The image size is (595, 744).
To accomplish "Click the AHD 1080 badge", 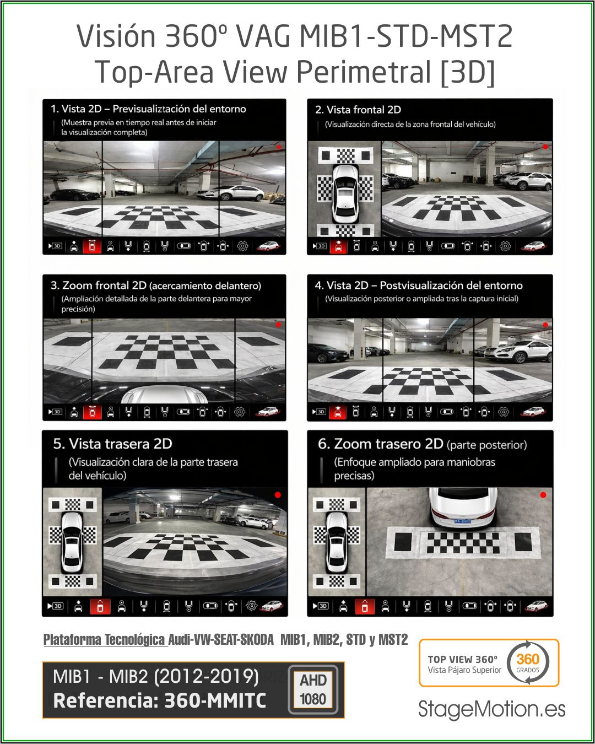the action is tap(313, 689).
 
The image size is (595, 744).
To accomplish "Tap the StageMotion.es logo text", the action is tap(491, 710).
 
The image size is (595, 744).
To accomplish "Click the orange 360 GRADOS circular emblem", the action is tap(528, 662).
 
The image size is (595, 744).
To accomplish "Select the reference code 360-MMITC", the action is tap(215, 701).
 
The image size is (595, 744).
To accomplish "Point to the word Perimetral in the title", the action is tap(364, 72).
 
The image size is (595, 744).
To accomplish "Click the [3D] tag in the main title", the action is tap(467, 72).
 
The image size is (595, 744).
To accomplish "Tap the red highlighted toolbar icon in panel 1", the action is tap(92, 246).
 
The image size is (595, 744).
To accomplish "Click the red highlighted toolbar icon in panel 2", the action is tap(339, 246).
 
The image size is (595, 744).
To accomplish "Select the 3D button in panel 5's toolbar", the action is tap(55, 606).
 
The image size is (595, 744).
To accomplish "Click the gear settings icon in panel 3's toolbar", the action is tap(239, 412).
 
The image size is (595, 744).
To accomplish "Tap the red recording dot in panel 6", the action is tap(543, 495).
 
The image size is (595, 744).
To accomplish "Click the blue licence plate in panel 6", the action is tap(462, 521).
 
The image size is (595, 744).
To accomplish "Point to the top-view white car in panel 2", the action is tap(345, 194).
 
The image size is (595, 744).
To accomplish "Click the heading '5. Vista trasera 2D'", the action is tap(113, 444).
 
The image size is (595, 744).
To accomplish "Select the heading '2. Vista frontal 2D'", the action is tap(358, 110).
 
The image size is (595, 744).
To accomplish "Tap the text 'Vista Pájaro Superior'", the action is tap(464, 670).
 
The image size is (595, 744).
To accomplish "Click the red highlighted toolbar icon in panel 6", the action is tap(365, 606).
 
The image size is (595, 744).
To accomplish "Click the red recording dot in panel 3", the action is tap(278, 325).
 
